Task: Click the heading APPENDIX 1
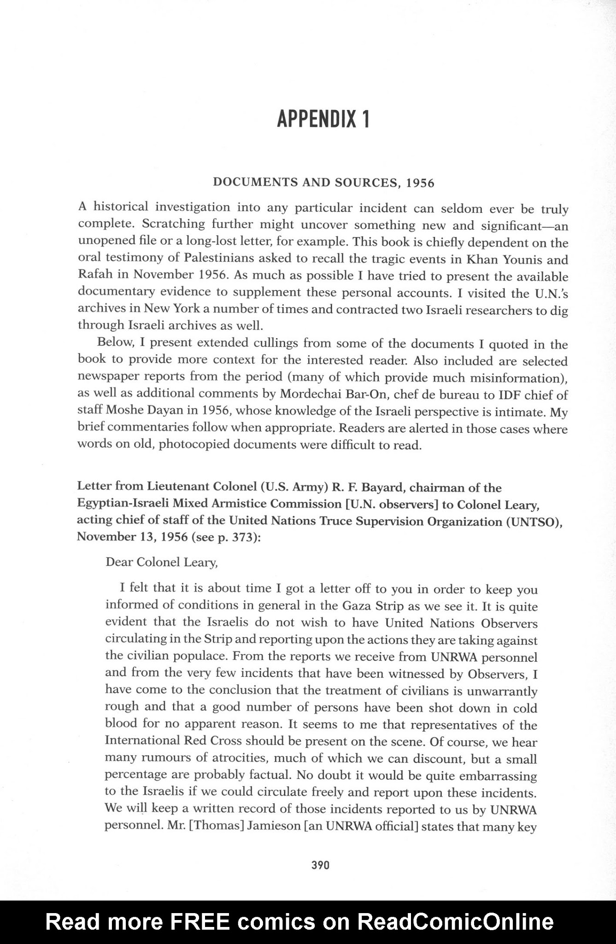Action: click(323, 119)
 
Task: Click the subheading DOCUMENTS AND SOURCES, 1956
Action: click(323, 183)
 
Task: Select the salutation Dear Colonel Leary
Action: click(161, 562)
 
